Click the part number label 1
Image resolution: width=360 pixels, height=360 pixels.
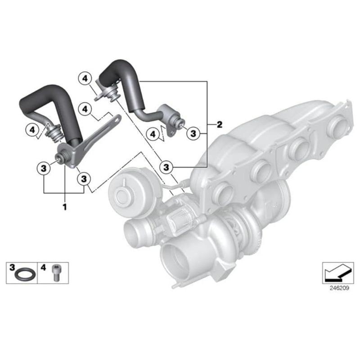(x=64, y=207)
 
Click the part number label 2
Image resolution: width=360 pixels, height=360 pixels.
(x=219, y=124)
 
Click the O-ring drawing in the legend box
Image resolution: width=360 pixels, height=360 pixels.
(x=22, y=274)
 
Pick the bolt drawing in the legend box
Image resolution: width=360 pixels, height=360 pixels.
(x=57, y=272)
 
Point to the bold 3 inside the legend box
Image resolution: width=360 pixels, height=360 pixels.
(x=12, y=267)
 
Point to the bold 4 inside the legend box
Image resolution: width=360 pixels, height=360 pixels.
(x=44, y=267)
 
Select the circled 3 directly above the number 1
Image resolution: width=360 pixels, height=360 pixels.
(x=44, y=168)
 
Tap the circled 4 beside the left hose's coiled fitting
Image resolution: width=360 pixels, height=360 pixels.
(x=32, y=130)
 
